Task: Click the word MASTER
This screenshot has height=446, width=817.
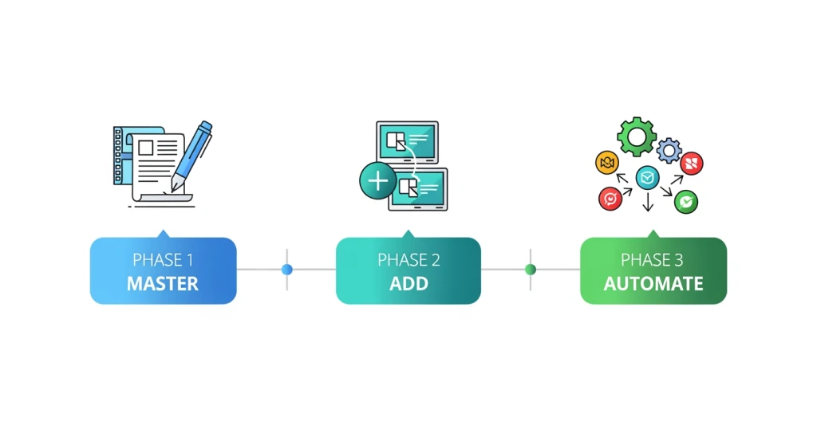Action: click(163, 283)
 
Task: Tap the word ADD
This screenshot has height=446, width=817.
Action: click(408, 283)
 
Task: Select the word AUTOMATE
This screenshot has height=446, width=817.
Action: click(653, 283)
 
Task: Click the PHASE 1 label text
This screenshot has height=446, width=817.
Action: click(163, 259)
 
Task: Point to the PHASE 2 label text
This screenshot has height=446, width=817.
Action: click(408, 259)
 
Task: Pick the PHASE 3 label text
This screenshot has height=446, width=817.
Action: click(652, 259)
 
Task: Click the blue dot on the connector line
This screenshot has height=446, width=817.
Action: click(287, 270)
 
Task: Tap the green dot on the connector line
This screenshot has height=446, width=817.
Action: click(531, 270)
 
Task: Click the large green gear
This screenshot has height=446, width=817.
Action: click(637, 136)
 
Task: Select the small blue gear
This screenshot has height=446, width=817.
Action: click(669, 151)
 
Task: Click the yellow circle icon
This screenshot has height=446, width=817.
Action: click(607, 163)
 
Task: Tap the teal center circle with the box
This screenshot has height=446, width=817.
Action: click(648, 178)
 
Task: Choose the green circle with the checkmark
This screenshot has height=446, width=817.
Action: click(686, 202)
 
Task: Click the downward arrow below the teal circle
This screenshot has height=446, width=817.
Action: click(648, 202)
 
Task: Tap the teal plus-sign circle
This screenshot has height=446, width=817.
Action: click(378, 181)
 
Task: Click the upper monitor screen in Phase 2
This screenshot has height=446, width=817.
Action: click(408, 142)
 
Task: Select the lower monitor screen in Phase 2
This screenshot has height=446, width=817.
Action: click(418, 188)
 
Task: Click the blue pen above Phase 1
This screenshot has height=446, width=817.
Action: click(191, 156)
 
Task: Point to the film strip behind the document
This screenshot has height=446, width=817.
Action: click(118, 156)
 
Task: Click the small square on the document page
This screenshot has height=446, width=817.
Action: click(146, 148)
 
